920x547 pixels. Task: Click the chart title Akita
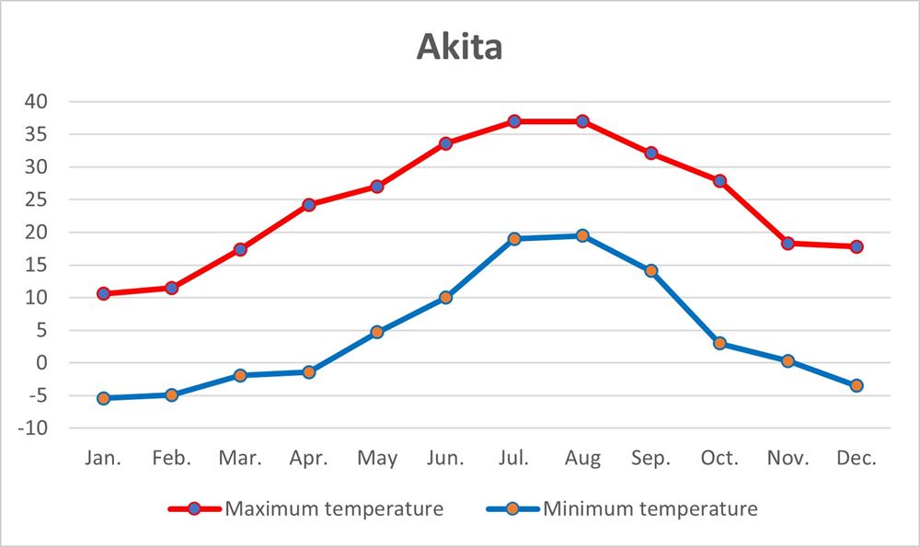point(460,46)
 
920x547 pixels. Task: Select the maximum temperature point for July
point(514,121)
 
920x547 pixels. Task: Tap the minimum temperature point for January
point(103,398)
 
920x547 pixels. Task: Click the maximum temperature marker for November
point(788,244)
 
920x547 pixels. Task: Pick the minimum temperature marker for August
point(582,235)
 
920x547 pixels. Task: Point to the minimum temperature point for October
point(719,344)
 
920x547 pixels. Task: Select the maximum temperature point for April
point(309,205)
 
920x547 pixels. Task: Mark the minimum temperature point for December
point(857,386)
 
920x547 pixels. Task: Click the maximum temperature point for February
point(172,288)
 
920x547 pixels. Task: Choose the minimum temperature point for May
point(377,332)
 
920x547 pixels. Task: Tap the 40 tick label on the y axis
point(38,101)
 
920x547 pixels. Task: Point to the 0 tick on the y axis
point(42,363)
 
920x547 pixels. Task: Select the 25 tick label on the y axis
point(38,199)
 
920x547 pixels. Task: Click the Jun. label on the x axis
point(445,459)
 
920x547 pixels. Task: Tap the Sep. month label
point(650,459)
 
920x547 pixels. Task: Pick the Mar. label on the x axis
point(240,459)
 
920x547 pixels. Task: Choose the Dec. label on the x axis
point(857,459)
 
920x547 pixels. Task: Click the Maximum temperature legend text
point(334,508)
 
